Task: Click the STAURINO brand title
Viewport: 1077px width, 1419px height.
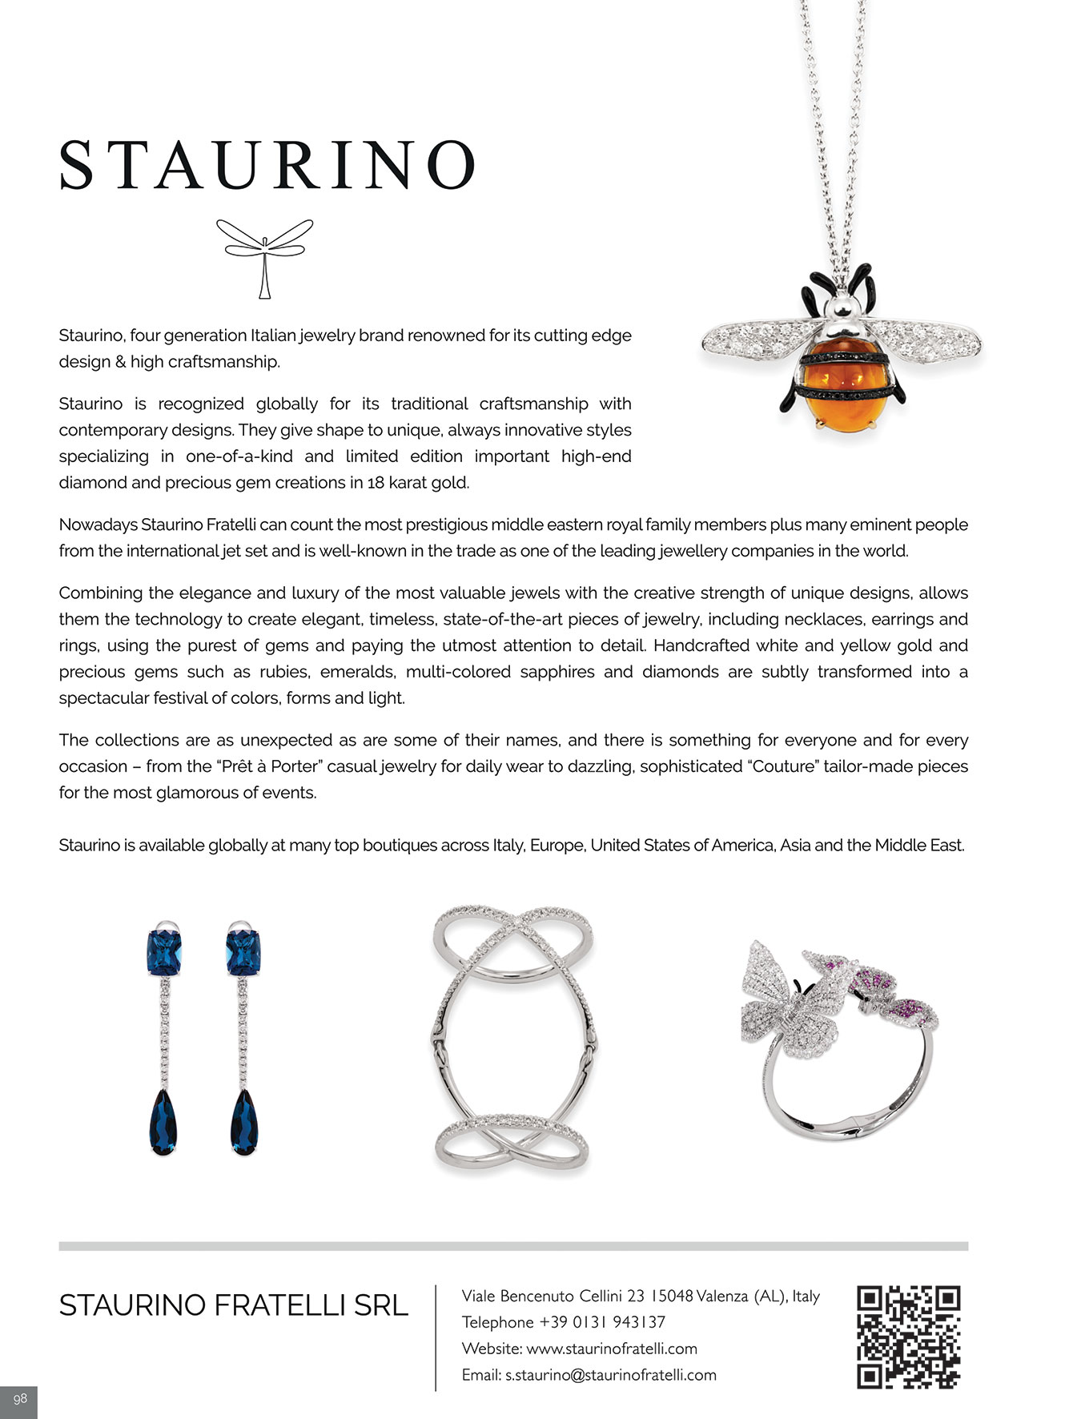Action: click(267, 165)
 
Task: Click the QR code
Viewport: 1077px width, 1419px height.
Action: click(908, 1337)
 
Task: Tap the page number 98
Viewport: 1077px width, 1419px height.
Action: click(20, 1398)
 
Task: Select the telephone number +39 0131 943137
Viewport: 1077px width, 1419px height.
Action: click(602, 1322)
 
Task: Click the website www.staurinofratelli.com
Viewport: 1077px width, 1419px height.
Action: click(612, 1349)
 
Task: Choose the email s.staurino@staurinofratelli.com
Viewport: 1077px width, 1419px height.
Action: click(610, 1375)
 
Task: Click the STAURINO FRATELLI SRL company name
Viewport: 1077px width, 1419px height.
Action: click(233, 1305)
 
